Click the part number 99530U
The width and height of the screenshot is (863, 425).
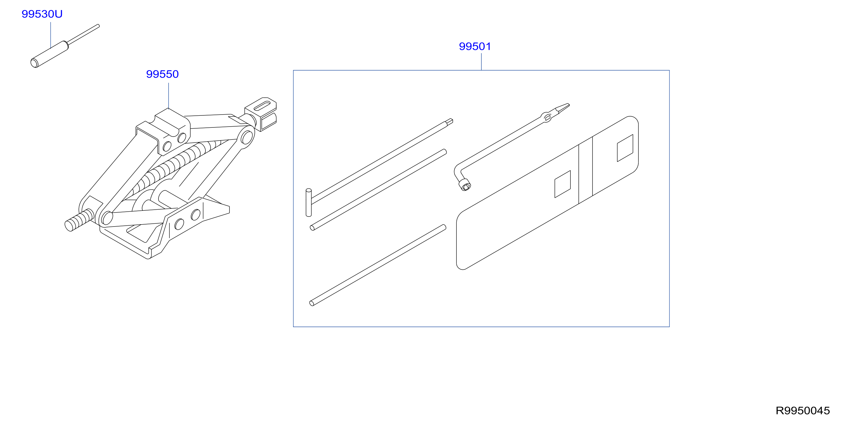coord(42,14)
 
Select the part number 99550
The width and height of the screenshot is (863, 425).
coord(162,74)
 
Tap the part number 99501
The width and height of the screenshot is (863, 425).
coord(475,46)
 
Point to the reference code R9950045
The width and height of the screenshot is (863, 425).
coord(803,411)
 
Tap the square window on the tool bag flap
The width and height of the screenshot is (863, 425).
coord(625,148)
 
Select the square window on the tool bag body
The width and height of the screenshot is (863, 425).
coord(562,184)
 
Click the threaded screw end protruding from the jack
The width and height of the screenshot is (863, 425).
coord(79,220)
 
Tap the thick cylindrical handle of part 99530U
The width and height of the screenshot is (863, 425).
coord(49,54)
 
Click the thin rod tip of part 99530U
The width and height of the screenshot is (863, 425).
coord(84,34)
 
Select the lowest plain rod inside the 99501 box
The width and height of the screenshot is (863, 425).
coord(378,265)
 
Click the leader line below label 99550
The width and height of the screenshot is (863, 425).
coord(168,95)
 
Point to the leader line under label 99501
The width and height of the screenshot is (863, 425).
coord(481,62)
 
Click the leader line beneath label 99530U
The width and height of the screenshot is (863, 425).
coord(51,35)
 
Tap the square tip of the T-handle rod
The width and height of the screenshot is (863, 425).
coord(450,121)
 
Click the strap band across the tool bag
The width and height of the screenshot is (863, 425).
coord(586,170)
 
